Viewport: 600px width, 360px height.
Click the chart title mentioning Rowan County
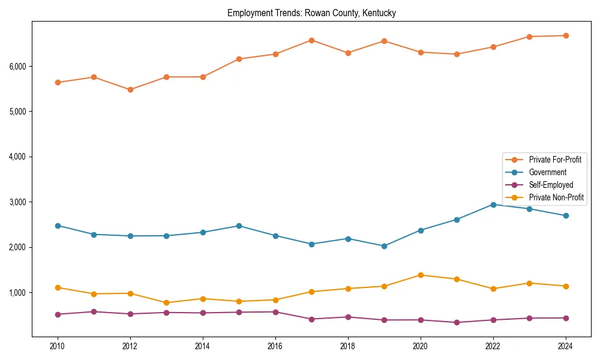[x=311, y=13]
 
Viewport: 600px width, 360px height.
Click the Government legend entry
[x=547, y=172]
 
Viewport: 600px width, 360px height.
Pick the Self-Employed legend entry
[x=551, y=185]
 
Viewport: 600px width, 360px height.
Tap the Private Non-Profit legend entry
[x=556, y=197]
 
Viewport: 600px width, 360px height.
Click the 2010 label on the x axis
[x=58, y=346]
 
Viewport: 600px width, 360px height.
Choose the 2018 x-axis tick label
[x=348, y=346]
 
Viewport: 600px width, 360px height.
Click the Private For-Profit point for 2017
[x=311, y=40]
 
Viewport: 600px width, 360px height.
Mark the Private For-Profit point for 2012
[x=130, y=89]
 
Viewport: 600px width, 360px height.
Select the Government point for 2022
[x=493, y=205]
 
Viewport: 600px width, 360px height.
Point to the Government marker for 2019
[x=384, y=246]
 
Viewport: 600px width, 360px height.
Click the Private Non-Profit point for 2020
[x=421, y=275]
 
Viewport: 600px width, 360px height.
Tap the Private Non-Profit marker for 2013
[x=166, y=303]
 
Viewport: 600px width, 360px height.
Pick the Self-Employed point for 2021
[x=457, y=322]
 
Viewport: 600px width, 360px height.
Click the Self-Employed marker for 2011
[x=94, y=311]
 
